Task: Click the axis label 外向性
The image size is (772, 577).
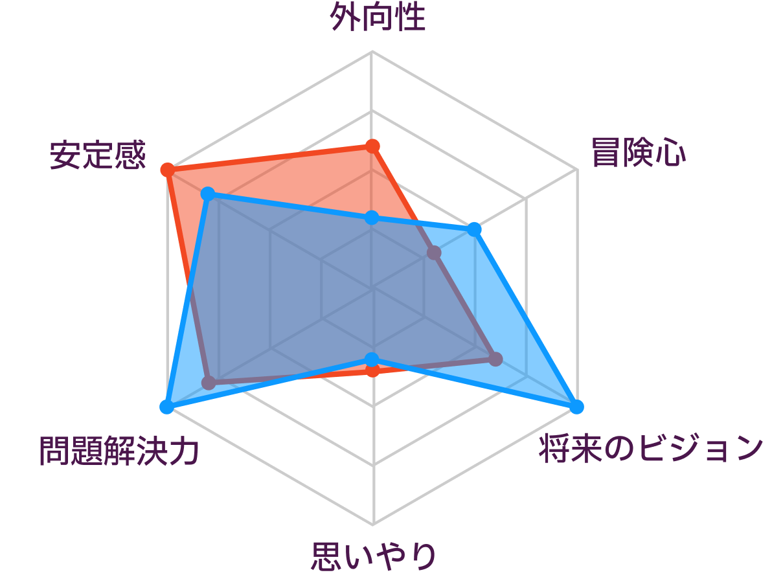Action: click(x=378, y=17)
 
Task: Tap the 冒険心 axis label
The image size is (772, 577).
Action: click(x=638, y=153)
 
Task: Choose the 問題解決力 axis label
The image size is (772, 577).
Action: click(x=119, y=451)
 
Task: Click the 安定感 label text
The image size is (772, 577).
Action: click(x=98, y=155)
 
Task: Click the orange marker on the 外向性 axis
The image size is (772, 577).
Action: click(x=372, y=146)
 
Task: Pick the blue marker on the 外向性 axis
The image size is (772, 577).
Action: click(x=372, y=218)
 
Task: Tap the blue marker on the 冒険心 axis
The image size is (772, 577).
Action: click(x=474, y=229)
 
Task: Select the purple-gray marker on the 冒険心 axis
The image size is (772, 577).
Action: click(x=434, y=253)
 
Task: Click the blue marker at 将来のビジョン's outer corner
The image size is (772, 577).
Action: click(x=576, y=407)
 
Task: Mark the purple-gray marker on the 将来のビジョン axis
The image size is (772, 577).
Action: click(x=496, y=359)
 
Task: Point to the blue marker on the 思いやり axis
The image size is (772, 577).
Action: click(x=372, y=359)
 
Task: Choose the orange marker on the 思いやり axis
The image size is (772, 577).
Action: click(x=373, y=370)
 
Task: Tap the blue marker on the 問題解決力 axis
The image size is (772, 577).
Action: click(x=167, y=407)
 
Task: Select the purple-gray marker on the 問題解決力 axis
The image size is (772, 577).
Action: click(x=209, y=383)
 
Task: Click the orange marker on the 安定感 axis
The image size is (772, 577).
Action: click(x=167, y=170)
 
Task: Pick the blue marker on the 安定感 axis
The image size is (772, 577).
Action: click(x=209, y=194)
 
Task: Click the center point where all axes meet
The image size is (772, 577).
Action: click(x=372, y=288)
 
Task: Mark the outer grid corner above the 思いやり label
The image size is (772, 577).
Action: click(x=373, y=525)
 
